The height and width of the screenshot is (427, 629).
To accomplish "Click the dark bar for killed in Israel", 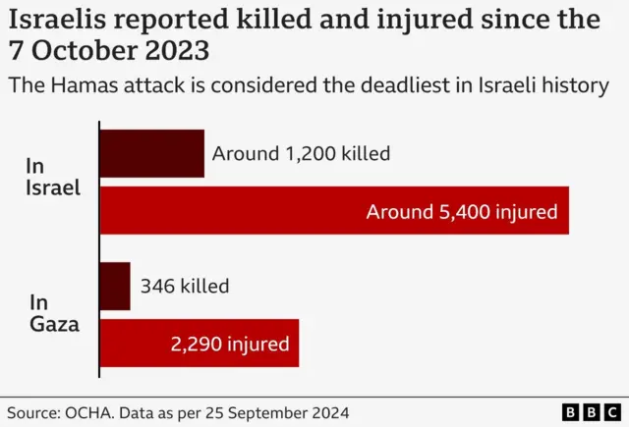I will [x=151, y=153].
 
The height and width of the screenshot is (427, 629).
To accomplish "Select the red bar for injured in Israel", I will [x=334, y=210].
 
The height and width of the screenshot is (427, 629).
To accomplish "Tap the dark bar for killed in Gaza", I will [x=115, y=287].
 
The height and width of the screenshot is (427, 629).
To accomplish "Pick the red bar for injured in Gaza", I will [x=200, y=344].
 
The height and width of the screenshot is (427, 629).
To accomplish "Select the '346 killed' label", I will [x=185, y=287].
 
